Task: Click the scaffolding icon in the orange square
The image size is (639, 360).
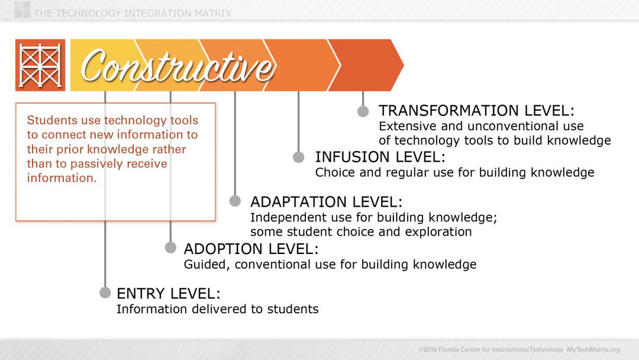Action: click(40, 65)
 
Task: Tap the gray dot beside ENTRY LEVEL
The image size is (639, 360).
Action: click(105, 292)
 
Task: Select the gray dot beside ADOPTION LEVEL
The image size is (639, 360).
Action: click(170, 247)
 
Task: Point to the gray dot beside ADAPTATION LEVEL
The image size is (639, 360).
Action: click(235, 201)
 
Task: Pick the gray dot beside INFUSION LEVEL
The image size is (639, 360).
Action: click(299, 157)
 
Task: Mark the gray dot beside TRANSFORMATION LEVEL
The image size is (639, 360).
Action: click(363, 111)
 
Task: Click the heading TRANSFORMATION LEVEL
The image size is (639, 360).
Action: click(476, 111)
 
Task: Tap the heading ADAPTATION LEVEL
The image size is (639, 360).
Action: click(326, 202)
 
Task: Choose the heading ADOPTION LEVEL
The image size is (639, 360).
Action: click(251, 249)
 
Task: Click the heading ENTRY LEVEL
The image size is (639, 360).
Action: click(168, 293)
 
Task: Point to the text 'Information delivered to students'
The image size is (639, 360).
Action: click(217, 309)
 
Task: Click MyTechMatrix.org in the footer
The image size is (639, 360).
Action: click(593, 349)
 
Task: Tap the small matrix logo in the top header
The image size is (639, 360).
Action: click(22, 9)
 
